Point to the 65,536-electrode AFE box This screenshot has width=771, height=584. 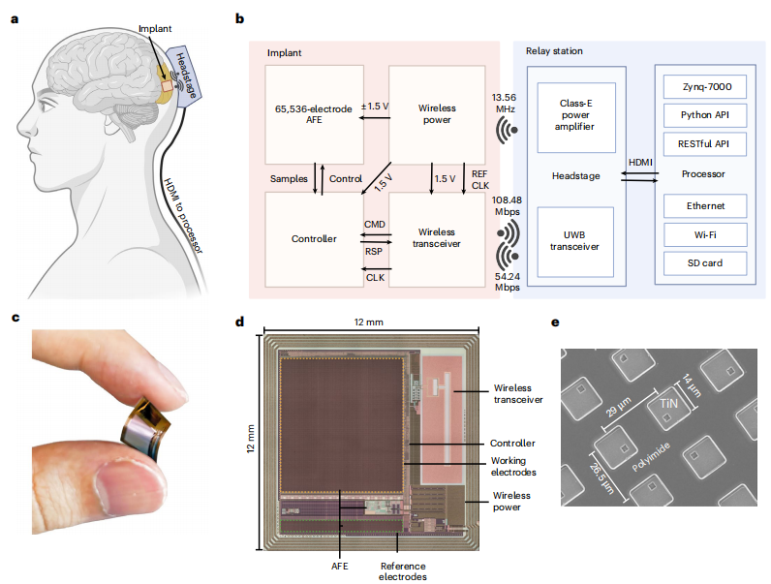pos(314,113)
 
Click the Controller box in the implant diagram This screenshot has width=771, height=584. pos(314,238)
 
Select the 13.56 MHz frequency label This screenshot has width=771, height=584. pos(505,104)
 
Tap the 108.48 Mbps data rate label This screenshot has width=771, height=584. pos(505,206)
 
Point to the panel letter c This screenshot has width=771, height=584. pos(15,318)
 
